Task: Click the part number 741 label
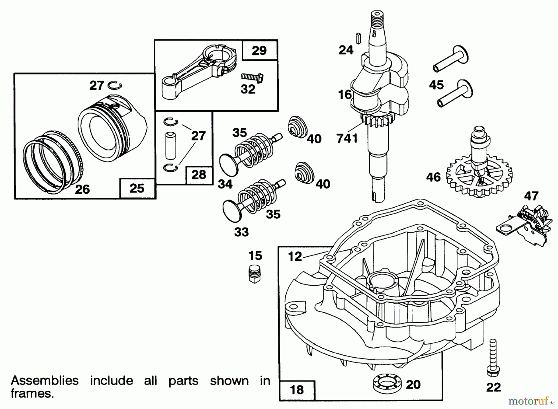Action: pyautogui.click(x=347, y=138)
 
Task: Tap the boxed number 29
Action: pyautogui.click(x=259, y=50)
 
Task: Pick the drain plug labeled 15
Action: pyautogui.click(x=255, y=273)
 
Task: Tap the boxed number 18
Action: pyautogui.click(x=297, y=389)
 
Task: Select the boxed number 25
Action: pyautogui.click(x=137, y=188)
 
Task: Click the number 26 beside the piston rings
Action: pyautogui.click(x=82, y=189)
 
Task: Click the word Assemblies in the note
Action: pyautogui.click(x=45, y=380)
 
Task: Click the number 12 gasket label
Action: pyautogui.click(x=295, y=256)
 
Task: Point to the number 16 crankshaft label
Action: pyautogui.click(x=345, y=95)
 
